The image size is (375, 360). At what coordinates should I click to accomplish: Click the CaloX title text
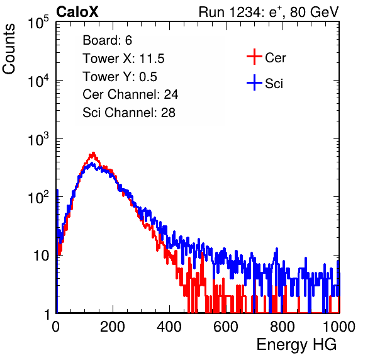(77, 12)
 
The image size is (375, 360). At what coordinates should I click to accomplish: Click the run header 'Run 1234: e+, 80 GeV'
(269, 12)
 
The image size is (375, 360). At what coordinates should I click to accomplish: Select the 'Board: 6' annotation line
(107, 40)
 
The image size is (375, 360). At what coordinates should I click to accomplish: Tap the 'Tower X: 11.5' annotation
(123, 59)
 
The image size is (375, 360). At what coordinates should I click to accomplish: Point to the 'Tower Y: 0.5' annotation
(120, 77)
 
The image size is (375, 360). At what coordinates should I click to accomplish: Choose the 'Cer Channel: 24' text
(130, 94)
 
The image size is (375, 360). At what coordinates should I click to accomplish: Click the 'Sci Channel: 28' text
(129, 113)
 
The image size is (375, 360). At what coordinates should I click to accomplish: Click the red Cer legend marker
(254, 57)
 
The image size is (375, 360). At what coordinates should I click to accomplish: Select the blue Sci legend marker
(254, 83)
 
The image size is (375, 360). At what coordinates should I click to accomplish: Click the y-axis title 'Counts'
(9, 49)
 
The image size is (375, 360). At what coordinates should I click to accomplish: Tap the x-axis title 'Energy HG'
(296, 344)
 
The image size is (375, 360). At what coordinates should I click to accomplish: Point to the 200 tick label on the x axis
(113, 327)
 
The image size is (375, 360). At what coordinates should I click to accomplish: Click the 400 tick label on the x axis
(169, 327)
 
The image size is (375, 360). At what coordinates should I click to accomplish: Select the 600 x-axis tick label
(226, 327)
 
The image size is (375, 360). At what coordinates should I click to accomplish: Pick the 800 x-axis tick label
(283, 327)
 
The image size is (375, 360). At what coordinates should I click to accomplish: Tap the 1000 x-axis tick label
(339, 327)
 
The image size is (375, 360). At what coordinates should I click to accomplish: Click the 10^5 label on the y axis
(38, 22)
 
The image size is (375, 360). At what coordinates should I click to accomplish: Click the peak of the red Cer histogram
(93, 152)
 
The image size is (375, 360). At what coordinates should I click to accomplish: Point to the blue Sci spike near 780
(277, 249)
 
